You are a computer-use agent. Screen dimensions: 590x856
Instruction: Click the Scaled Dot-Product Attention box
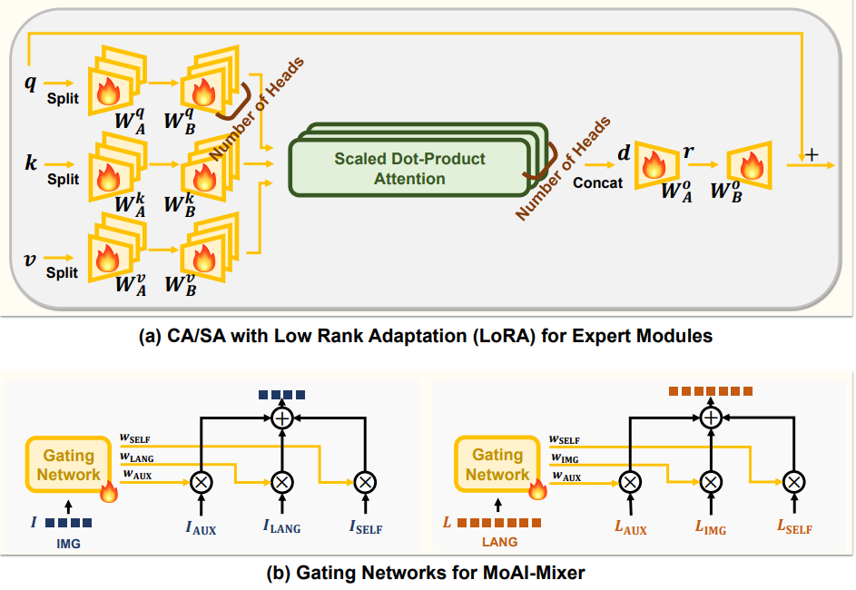408,168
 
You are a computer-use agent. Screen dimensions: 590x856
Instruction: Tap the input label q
30,83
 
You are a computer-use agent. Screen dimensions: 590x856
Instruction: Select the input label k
32,163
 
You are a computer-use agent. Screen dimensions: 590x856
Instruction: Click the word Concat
597,183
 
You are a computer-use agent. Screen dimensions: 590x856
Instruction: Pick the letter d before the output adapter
624,152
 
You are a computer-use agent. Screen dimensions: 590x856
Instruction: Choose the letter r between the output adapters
689,152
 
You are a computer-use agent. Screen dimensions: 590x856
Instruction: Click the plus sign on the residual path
812,155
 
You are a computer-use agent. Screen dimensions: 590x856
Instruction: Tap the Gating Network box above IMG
69,464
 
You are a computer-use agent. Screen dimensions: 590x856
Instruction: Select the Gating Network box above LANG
497,464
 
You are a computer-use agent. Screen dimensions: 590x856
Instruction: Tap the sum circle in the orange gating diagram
711,418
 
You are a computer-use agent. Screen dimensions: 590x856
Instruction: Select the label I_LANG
281,527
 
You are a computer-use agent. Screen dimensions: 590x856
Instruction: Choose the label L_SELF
793,527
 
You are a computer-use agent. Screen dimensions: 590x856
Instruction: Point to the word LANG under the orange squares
498,542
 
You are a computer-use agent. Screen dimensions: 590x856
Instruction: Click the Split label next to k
64,179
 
